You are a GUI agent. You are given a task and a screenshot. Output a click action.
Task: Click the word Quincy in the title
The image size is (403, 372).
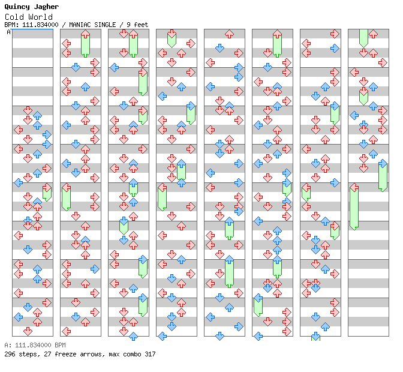coord(17,7)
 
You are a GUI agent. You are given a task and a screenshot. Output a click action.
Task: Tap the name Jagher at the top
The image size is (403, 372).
coord(46,7)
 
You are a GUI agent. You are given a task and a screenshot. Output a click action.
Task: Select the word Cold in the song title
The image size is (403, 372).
coord(14,17)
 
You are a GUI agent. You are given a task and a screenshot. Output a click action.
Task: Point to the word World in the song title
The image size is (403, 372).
coord(41,17)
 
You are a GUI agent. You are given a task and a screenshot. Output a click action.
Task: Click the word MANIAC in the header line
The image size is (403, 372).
coord(78,25)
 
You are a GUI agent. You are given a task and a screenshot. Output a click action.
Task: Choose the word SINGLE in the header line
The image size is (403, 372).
coord(104,25)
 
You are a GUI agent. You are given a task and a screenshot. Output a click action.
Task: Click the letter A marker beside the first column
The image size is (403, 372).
coord(8,32)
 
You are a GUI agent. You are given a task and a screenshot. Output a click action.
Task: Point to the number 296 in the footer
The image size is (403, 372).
coord(10,354)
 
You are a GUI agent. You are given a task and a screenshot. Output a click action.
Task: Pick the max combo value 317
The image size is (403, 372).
coord(150,354)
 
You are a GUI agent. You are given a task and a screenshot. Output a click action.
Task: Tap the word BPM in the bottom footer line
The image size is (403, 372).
coord(61,345)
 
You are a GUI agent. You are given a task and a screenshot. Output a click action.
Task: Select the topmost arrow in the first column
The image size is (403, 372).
coord(28,110)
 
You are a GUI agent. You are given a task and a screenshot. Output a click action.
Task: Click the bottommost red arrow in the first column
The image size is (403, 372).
coord(28,331)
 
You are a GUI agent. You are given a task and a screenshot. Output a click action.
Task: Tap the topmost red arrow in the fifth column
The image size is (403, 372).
coord(229,34)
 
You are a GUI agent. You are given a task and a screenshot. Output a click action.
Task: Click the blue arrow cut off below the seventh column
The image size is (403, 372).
coord(315,336)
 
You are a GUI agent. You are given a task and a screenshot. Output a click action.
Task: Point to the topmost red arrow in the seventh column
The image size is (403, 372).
coord(335,34)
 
